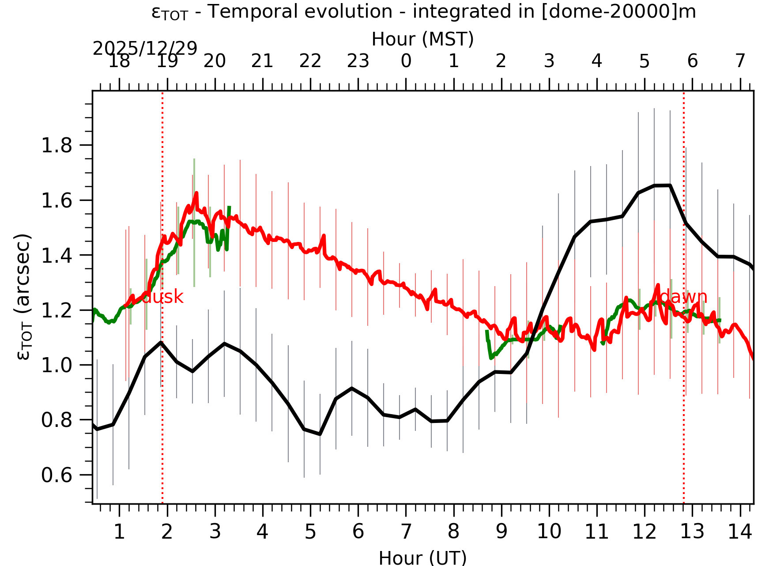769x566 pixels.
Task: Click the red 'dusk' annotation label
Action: (162, 297)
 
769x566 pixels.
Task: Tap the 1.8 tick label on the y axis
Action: (57, 146)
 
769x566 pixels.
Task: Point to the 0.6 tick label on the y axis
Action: (57, 475)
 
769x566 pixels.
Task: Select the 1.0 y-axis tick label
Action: (57, 366)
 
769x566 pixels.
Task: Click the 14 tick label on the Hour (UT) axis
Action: (739, 532)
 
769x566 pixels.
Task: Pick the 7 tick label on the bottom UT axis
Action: (406, 532)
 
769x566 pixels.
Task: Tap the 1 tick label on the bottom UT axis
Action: (119, 532)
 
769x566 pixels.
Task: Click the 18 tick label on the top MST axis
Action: (119, 61)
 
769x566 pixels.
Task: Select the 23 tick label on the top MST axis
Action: (358, 61)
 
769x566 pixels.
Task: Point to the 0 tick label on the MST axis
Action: (406, 61)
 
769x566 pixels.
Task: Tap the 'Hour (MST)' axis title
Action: (422, 39)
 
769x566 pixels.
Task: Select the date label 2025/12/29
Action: (145, 49)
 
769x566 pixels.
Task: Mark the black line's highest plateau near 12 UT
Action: (662, 185)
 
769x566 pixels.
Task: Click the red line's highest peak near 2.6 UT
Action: (196, 193)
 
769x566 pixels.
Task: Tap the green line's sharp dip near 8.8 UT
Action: (491, 358)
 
